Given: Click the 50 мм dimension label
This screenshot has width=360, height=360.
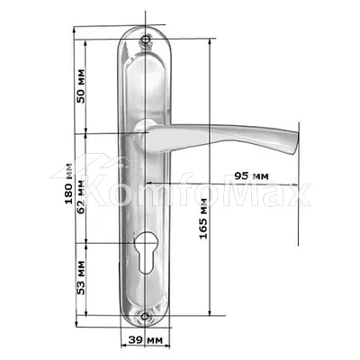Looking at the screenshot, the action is pos(81,86).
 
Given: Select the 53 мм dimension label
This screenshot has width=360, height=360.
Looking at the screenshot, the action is pos(81,277).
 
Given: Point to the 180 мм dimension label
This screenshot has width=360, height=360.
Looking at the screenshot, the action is pos(68,184).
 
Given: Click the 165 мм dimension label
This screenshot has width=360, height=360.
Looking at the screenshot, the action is pos(203,219).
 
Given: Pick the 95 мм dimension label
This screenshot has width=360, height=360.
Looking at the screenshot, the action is pos(251,175).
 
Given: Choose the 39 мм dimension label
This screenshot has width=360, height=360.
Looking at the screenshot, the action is pos(146,340).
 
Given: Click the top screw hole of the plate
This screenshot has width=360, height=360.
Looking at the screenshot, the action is pos(146,40).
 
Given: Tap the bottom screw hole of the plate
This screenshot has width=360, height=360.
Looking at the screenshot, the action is pos(145,316).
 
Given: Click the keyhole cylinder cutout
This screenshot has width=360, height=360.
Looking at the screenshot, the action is pos(145,254).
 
